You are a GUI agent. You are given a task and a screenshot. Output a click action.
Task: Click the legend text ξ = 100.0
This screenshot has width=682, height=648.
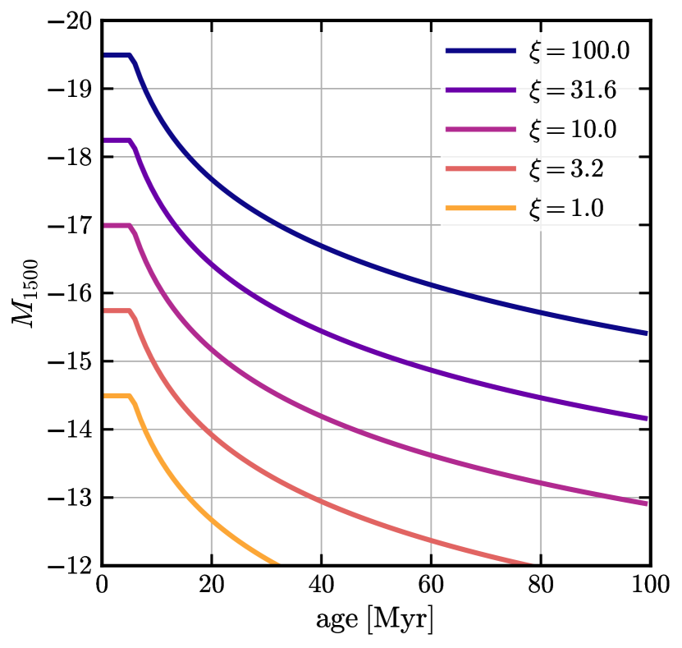click(579, 51)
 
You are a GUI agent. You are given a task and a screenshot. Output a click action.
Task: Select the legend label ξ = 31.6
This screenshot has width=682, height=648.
click(572, 90)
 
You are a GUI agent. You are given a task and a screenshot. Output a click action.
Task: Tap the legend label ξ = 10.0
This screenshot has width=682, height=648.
click(572, 130)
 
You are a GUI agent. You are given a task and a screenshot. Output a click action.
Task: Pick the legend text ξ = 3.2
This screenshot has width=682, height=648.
click(565, 169)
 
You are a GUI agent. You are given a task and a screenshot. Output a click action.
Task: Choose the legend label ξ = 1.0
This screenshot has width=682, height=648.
click(565, 209)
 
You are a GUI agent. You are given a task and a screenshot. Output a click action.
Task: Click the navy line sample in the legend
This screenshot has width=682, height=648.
click(481, 51)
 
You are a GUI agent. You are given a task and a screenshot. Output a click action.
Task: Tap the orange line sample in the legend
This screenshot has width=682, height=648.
click(481, 209)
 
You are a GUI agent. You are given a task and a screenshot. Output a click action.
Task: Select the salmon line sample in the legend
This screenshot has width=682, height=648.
click(481, 169)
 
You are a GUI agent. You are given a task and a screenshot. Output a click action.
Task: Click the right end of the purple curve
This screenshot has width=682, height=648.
click(645, 418)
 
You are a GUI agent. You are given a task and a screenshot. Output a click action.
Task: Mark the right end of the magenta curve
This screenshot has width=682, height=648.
click(645, 503)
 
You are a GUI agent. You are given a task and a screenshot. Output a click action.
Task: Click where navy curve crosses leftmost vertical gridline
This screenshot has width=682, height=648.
click(212, 179)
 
